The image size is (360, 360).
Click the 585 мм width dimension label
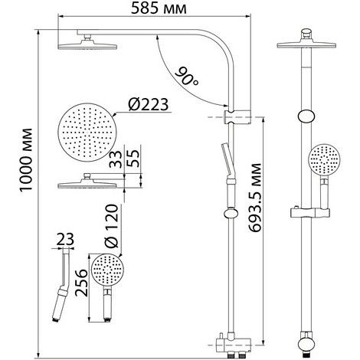[159, 8]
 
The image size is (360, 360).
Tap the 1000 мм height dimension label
[26, 159]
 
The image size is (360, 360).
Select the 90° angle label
[186, 76]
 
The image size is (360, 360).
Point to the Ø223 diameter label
[149, 104]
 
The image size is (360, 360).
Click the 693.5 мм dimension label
[255, 198]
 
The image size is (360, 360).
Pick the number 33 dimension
[116, 159]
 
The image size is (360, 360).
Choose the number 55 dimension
[133, 158]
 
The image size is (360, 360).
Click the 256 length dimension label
[81, 283]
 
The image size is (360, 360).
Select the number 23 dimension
[65, 239]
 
